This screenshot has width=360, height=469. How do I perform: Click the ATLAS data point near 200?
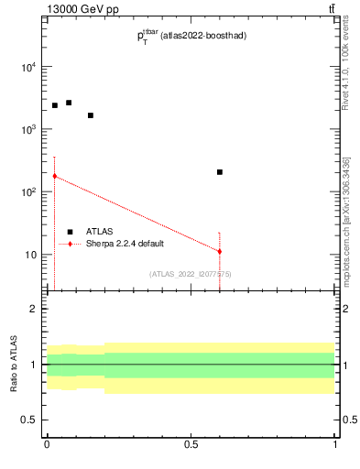pyautogui.click(x=220, y=172)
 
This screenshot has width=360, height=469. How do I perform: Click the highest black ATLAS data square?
pyautogui.click(x=69, y=103)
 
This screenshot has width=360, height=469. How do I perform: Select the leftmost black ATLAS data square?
pyautogui.click(x=54, y=105)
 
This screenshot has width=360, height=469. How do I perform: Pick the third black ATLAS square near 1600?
pyautogui.click(x=91, y=115)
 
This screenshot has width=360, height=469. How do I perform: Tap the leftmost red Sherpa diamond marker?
pyautogui.click(x=54, y=176)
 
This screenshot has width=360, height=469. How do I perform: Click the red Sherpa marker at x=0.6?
pyautogui.click(x=220, y=251)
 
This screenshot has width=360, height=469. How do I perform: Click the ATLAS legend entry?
pyautogui.click(x=99, y=232)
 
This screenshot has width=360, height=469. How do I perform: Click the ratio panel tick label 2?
pyautogui.click(x=34, y=309)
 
